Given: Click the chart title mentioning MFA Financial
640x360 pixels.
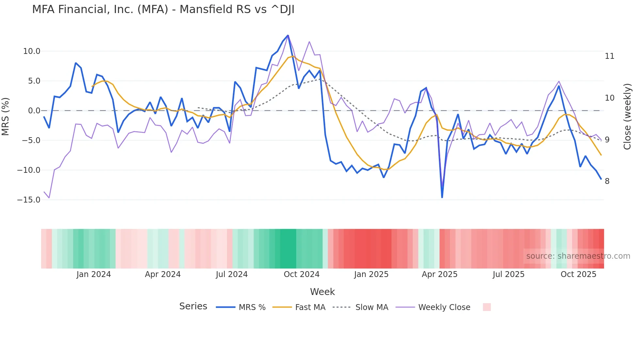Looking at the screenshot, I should pos(163,9).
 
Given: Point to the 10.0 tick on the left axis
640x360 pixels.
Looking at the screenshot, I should pos(32,51).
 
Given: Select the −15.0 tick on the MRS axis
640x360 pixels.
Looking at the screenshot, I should pos(29,200).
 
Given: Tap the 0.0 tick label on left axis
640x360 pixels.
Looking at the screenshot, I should pos(34,111).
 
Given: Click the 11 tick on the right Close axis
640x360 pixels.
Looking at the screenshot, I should pos(609,56).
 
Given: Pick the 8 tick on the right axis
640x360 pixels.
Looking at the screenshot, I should pos(607,181).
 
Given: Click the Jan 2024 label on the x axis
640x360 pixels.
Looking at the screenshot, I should pos(94,274).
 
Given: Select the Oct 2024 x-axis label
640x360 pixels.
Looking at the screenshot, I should pos(301,274).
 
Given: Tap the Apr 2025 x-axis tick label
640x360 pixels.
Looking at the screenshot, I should pos(440,274).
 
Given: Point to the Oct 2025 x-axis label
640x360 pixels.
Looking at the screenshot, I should pos(578,274).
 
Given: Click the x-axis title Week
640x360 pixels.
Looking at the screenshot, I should pos(322,292).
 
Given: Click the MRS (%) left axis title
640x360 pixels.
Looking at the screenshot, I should pos(6,116).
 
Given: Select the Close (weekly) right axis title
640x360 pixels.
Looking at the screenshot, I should pos(627,116).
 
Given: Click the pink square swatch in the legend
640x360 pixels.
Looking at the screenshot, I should pos(487,307).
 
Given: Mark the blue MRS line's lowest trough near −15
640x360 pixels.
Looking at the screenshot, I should pos(442,197).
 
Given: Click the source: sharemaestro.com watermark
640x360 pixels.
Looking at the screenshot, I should pos(578,256).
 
